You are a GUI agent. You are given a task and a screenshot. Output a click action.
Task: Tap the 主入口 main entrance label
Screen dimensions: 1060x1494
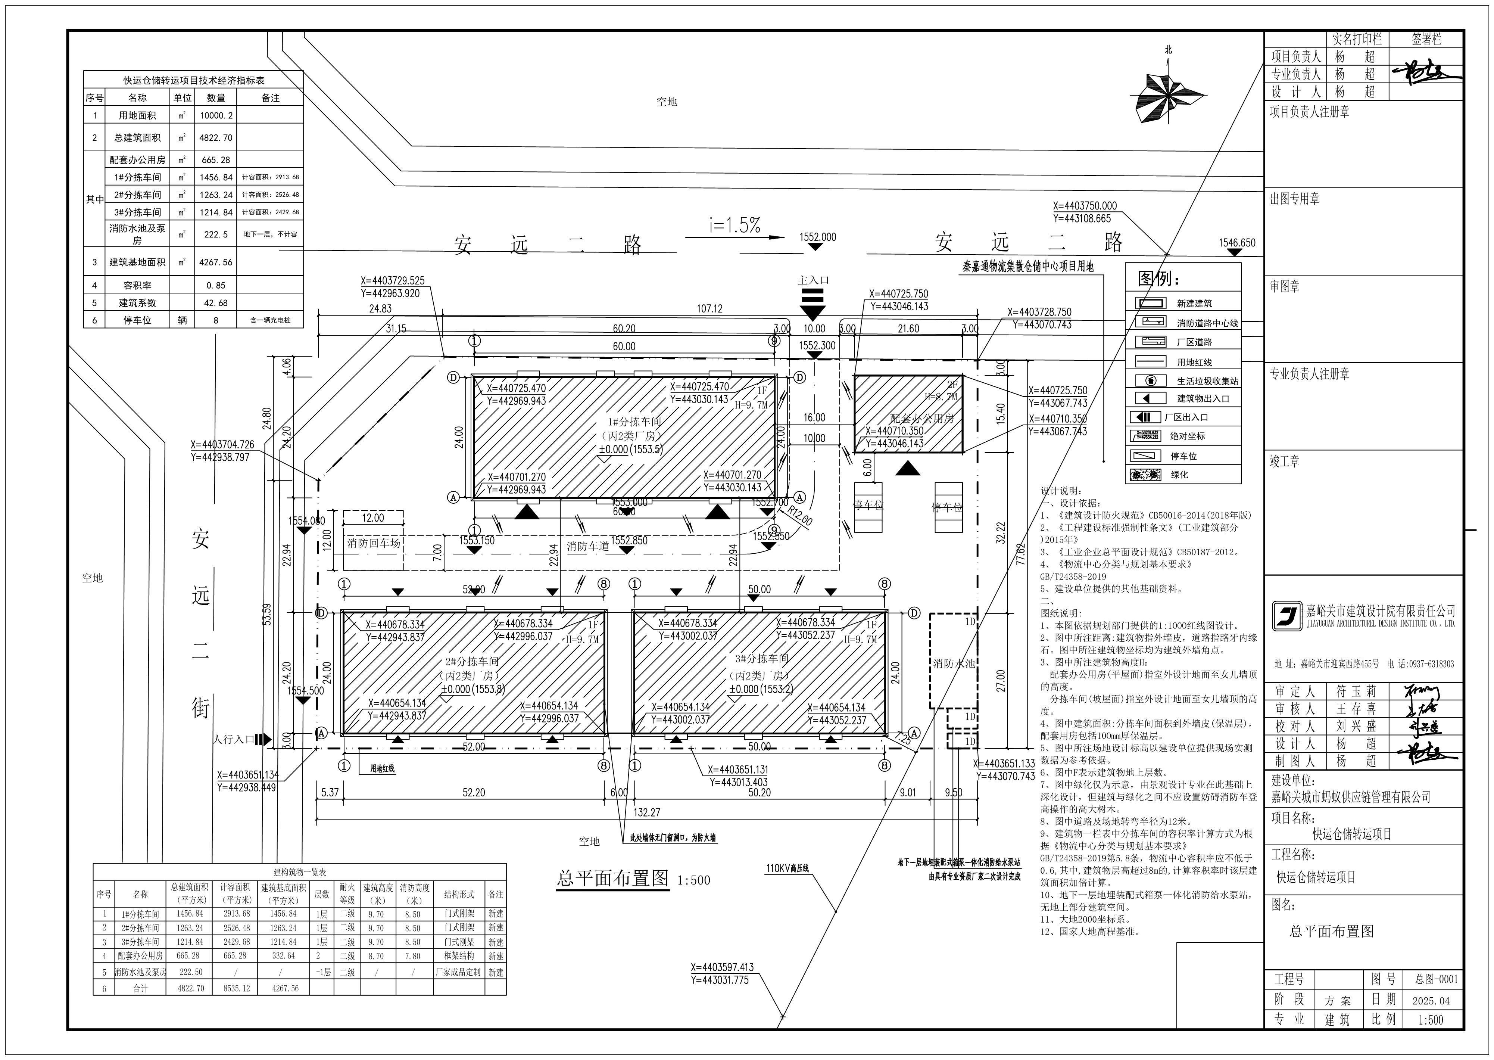tap(813, 280)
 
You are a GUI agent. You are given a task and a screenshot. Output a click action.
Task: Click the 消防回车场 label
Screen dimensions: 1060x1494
tap(373, 543)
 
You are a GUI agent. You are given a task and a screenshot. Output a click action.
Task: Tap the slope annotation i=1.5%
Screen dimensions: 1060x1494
tap(735, 225)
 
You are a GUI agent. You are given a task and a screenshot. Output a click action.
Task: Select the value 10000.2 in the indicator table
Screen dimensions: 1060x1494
tap(216, 115)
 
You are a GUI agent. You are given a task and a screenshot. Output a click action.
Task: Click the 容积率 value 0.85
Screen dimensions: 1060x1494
tap(216, 285)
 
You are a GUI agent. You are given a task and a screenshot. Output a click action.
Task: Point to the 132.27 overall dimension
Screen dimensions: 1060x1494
tap(646, 812)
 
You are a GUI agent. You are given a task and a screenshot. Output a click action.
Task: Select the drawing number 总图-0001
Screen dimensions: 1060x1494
tap(1435, 979)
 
